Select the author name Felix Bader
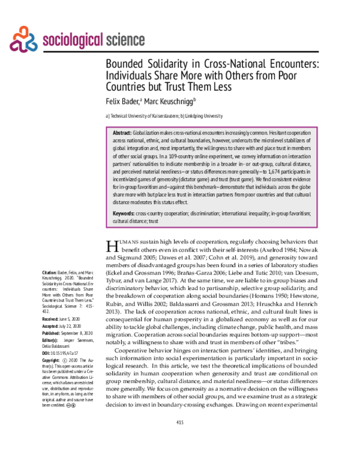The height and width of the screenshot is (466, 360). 123,101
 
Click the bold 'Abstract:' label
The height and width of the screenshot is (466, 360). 122,132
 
